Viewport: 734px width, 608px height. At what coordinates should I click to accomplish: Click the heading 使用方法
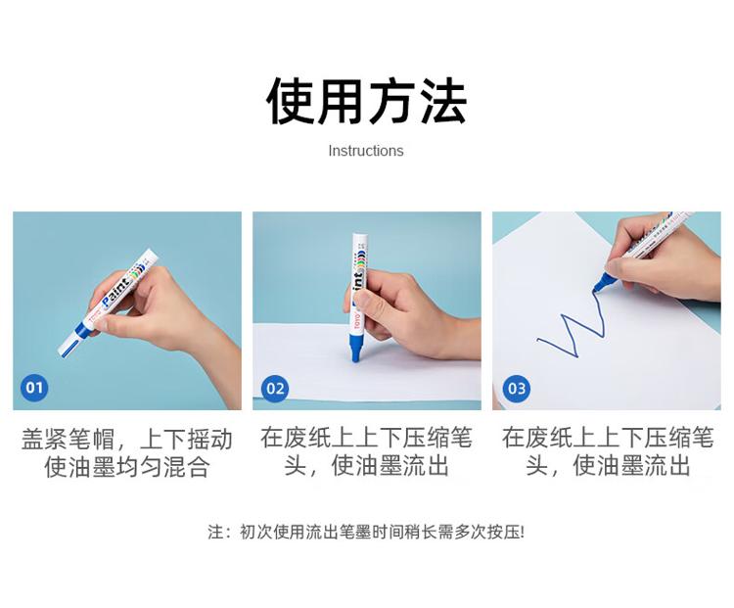pos(367,102)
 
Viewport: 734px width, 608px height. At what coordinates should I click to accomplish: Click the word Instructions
pos(366,151)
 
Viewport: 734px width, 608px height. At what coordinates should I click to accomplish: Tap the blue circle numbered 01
pos(34,388)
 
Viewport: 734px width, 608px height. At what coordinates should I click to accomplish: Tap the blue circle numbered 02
pos(275,389)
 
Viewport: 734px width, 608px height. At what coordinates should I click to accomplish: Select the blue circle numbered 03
pos(517,389)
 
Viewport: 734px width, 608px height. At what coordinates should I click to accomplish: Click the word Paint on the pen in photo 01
pos(115,292)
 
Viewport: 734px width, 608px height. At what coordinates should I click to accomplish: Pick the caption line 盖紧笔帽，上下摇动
pos(127,440)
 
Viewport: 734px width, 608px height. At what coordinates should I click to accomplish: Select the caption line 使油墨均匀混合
pos(127,467)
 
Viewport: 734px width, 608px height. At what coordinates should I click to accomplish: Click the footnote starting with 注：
pos(367,532)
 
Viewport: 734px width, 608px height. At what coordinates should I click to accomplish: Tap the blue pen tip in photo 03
pos(600,285)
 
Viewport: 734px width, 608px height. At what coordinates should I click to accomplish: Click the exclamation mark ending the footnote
pos(523,532)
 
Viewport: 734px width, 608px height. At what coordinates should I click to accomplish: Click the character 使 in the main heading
pos(291,102)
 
